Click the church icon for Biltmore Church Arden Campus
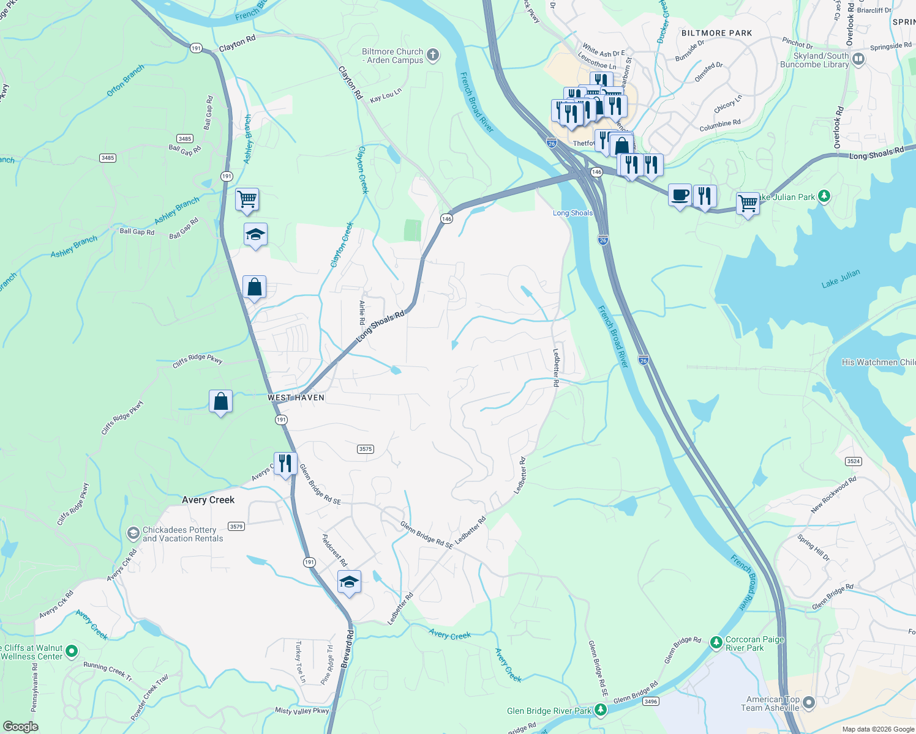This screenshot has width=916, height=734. coord(433,56)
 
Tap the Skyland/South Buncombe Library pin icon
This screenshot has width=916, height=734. coord(858,59)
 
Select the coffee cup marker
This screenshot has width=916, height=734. coord(680,195)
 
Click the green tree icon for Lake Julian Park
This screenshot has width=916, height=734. coord(824,196)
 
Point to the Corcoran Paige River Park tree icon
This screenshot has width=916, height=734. coord(716,643)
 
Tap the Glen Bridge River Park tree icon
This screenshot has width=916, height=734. coord(601,710)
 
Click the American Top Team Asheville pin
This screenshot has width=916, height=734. coord(809,703)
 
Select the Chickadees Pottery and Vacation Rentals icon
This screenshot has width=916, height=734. coord(133,534)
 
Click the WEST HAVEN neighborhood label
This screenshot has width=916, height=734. coord(296,398)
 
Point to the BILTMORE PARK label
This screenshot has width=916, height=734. coord(716,33)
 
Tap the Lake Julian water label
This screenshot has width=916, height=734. coord(840,278)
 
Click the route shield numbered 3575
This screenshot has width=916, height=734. coord(366,449)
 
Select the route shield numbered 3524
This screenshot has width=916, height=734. coord(854,461)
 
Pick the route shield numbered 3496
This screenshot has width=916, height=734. coord(651,701)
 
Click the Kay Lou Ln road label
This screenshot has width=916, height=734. coord(386,95)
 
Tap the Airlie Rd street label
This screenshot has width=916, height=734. coord(362,312)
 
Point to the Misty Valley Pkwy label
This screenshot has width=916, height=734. coord(302,710)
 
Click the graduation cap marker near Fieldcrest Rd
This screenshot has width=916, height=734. coord(349,582)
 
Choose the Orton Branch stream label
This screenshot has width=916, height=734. coord(126,80)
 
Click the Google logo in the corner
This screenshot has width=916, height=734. coord(21,726)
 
